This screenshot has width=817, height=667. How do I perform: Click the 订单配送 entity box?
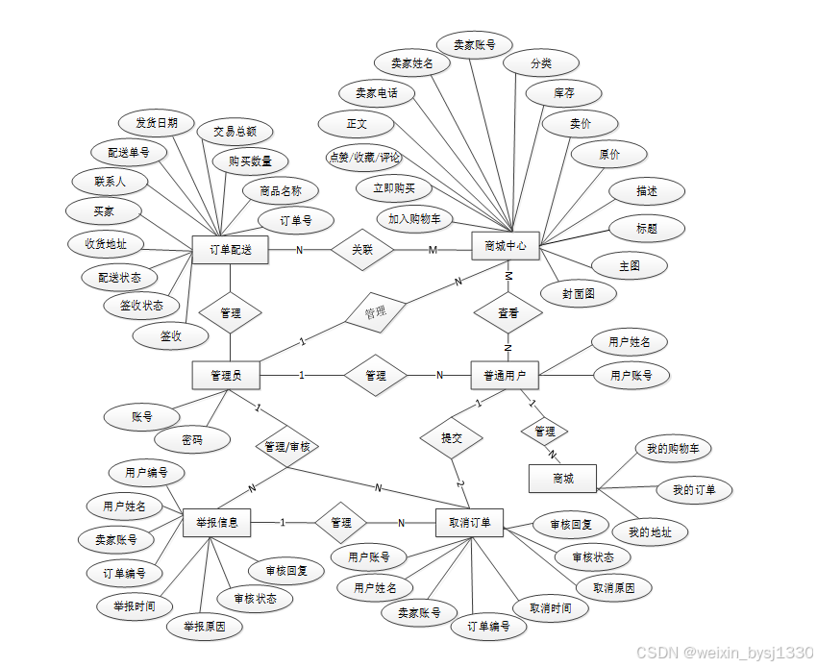231,250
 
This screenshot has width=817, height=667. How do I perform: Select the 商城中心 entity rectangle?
506,245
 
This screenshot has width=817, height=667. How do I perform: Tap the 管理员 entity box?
227,375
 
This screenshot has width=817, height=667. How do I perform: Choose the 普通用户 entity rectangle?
505,375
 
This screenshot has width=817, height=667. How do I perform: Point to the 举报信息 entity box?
216,523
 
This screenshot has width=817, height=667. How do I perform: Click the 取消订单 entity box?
469,523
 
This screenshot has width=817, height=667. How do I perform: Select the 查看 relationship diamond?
508,313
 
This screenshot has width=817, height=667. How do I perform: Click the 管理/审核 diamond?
287,447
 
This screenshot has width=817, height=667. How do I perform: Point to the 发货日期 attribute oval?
157,123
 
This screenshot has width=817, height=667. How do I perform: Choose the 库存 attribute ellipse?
564,93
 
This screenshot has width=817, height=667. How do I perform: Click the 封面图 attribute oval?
579,293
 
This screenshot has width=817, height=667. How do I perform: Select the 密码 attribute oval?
192,440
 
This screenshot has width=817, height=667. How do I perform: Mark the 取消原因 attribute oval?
614,587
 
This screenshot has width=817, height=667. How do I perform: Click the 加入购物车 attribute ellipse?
414,219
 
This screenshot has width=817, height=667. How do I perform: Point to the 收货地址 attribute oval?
106,244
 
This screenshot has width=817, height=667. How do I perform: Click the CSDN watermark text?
726,652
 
